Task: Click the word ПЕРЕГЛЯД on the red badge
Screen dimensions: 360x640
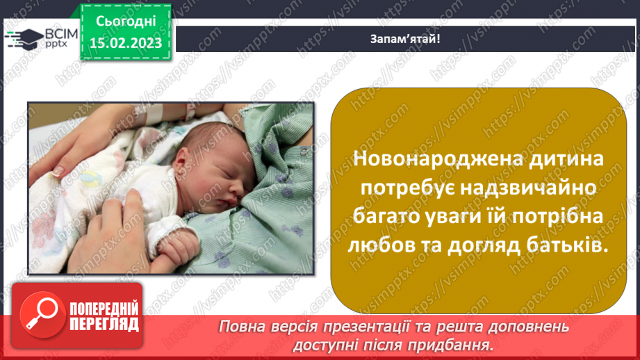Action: (x=104, y=325)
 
